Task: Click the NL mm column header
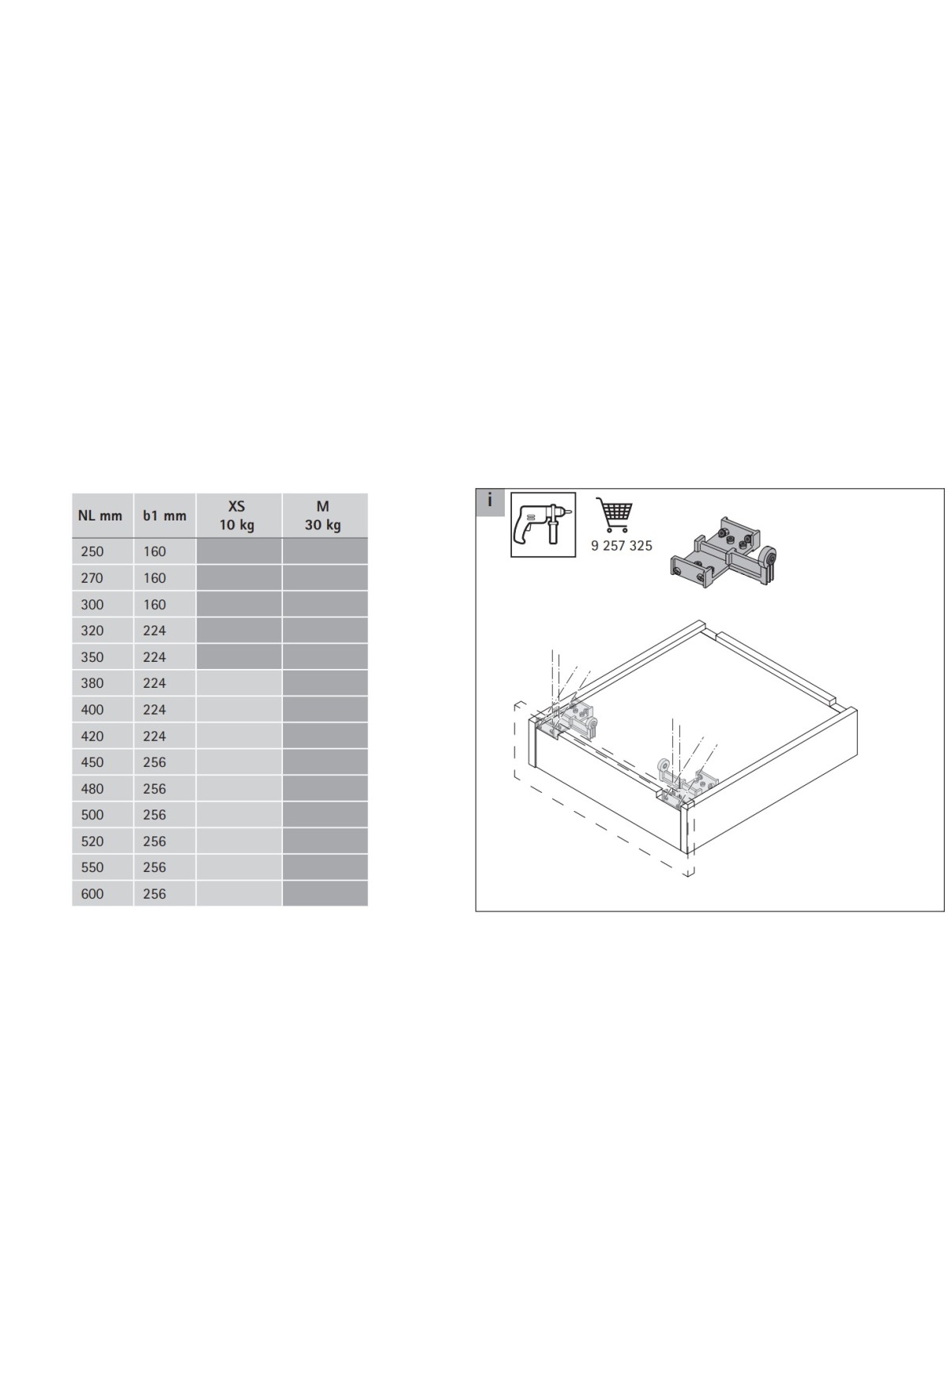click(100, 516)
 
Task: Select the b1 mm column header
click(164, 516)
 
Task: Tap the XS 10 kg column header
click(237, 516)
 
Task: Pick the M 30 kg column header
click(323, 516)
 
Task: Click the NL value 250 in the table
click(92, 551)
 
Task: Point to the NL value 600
click(92, 893)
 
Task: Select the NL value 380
click(92, 683)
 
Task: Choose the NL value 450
click(92, 762)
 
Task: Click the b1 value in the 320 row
click(155, 630)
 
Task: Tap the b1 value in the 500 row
click(155, 814)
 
